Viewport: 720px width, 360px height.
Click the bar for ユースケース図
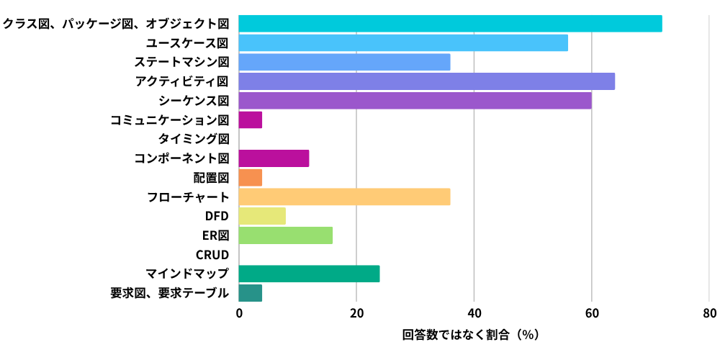(x=403, y=42)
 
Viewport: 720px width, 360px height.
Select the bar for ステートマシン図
(x=344, y=62)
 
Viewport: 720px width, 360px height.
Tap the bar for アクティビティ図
(x=426, y=81)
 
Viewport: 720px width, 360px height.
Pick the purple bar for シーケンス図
(x=415, y=100)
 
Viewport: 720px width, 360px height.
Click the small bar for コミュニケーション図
(x=250, y=120)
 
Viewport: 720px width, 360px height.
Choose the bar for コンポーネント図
(x=274, y=158)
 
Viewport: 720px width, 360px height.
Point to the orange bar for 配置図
(x=250, y=177)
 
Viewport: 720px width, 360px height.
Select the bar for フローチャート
(x=344, y=197)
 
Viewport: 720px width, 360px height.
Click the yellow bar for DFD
(x=262, y=216)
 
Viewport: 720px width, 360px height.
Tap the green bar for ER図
(x=285, y=235)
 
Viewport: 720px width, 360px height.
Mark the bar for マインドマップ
(x=309, y=274)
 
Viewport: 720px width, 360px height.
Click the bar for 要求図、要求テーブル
(x=250, y=293)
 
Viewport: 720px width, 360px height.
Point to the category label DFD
(x=217, y=216)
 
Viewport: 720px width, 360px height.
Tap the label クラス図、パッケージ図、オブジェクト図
(x=115, y=24)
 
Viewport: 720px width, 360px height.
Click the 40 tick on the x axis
(x=474, y=313)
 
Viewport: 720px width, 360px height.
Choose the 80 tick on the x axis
(x=709, y=313)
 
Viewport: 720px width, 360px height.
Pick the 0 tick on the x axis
(x=238, y=313)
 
